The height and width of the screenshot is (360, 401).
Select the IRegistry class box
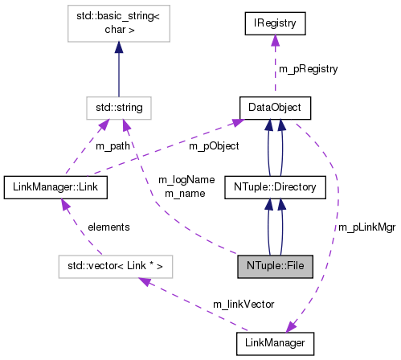coord(276,25)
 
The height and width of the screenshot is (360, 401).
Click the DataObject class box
coord(276,106)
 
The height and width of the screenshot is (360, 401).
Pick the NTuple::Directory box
coord(275,188)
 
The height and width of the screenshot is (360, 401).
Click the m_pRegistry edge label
coord(309,69)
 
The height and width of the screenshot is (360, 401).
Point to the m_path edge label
coord(113,146)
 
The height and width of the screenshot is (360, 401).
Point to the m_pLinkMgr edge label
coord(366,228)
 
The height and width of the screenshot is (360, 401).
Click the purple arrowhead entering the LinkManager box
coord(291,326)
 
